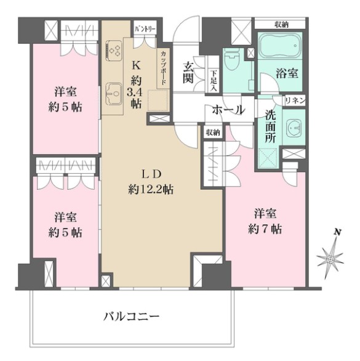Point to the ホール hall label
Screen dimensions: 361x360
point(228,110)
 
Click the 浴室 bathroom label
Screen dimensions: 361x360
point(287,73)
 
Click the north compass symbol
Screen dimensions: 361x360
point(331,256)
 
